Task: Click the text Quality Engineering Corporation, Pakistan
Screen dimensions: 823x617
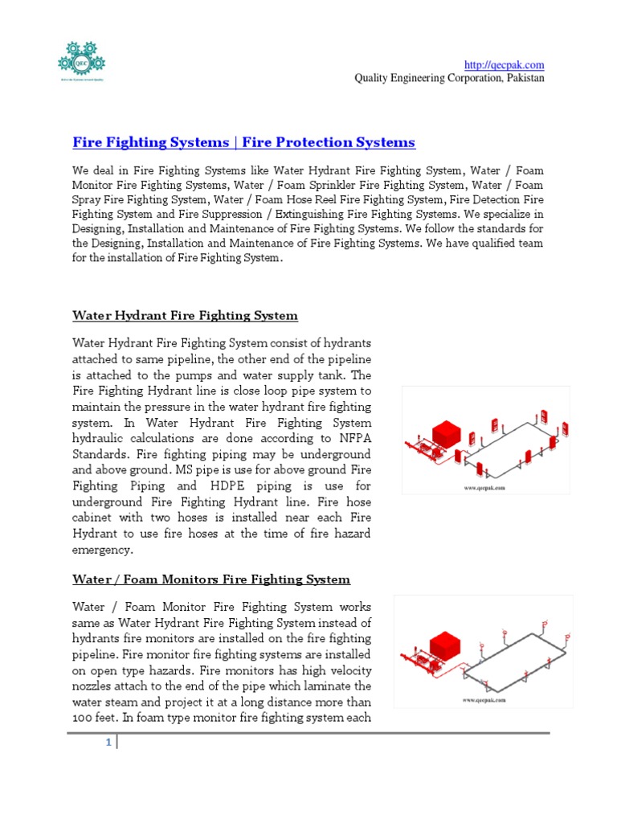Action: tap(450, 78)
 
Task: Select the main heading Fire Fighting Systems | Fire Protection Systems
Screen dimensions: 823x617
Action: tap(243, 142)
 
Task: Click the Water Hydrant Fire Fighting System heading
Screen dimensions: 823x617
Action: tap(185, 315)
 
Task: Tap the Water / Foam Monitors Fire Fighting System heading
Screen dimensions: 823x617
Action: tap(211, 579)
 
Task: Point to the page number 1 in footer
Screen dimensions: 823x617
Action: tap(108, 743)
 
